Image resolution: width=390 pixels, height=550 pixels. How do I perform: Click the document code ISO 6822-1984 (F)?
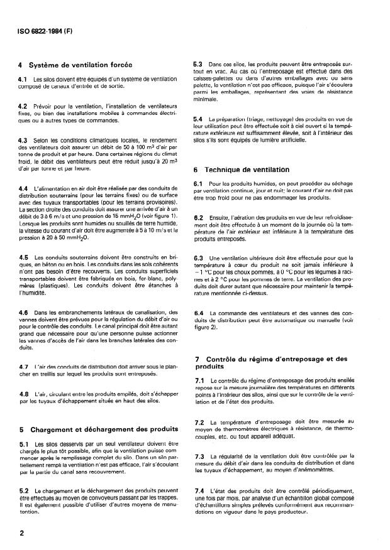click(42, 28)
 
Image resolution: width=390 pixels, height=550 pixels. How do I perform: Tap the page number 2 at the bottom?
click(22, 531)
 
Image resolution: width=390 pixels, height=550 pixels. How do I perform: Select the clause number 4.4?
click(23, 188)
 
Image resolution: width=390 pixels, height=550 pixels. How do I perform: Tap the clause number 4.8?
click(23, 394)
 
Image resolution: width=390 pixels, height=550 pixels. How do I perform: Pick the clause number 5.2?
click(23, 489)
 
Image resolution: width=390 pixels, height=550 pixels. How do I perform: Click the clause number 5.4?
click(198, 119)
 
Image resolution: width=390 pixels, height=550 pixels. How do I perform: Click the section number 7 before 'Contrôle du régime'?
click(196, 359)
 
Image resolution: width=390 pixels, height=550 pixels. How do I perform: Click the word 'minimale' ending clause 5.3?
click(206, 99)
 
